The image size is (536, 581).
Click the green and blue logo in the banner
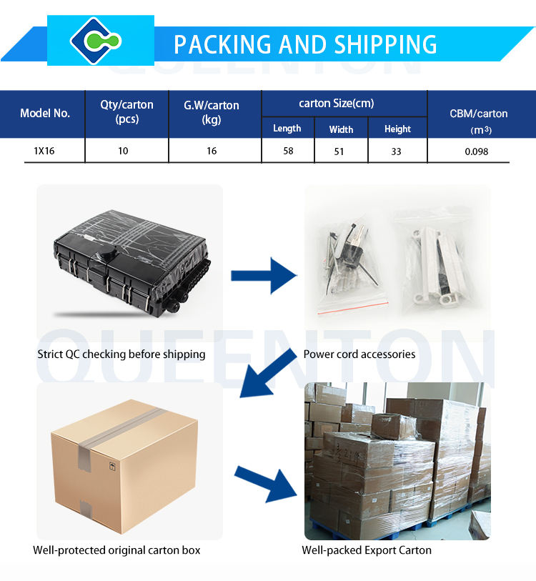pyautogui.click(x=100, y=41)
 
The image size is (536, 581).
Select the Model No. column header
pyautogui.click(x=45, y=113)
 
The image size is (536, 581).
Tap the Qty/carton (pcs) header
pyautogui.click(x=126, y=112)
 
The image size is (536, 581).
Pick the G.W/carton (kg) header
pyautogui.click(x=212, y=112)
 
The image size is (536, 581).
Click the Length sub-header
pyautogui.click(x=287, y=129)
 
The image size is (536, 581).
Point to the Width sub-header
pyautogui.click(x=341, y=129)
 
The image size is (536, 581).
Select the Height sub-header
pyautogui.click(x=397, y=129)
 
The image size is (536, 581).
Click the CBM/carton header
pyautogui.click(x=478, y=114)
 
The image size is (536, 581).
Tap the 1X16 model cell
pyautogui.click(x=44, y=151)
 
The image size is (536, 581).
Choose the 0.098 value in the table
pyautogui.click(x=477, y=152)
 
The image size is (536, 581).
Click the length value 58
pyautogui.click(x=288, y=151)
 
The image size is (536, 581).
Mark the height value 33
pyautogui.click(x=397, y=151)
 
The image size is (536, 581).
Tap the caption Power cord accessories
pyautogui.click(x=359, y=354)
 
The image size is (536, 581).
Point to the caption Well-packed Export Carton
pyautogui.click(x=367, y=550)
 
